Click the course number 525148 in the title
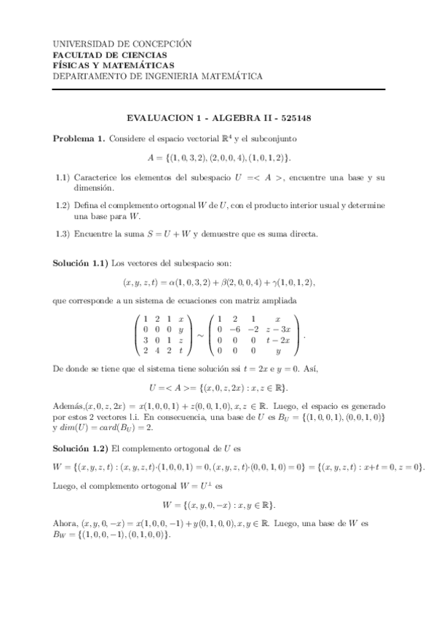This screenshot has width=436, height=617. pyautogui.click(x=296, y=119)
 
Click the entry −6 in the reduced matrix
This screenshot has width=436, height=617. pyautogui.click(x=246, y=330)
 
